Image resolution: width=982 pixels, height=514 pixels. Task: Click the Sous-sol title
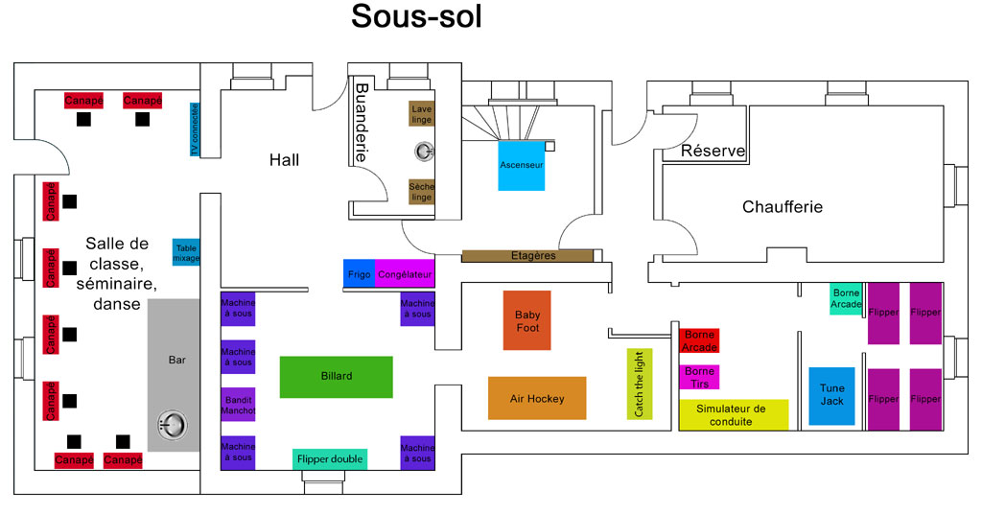tap(416, 16)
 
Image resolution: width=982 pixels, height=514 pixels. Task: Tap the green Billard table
tap(337, 377)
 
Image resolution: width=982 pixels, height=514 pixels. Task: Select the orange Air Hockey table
tap(537, 398)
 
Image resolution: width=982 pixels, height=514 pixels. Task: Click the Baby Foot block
tap(527, 320)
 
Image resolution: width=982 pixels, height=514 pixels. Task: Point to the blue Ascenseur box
tap(522, 165)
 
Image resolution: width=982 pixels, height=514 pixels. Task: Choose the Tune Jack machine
tap(831, 396)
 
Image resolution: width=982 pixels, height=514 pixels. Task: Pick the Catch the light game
tap(640, 384)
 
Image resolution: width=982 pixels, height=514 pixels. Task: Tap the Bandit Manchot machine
tap(238, 405)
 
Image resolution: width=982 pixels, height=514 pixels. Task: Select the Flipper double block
tap(330, 459)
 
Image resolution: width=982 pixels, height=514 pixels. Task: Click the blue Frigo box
tap(359, 274)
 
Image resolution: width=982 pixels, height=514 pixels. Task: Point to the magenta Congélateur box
tap(405, 274)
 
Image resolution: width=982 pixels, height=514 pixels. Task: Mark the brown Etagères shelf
tap(527, 255)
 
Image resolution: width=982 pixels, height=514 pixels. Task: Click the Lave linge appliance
tap(422, 114)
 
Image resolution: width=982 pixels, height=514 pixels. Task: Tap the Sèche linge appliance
tap(422, 192)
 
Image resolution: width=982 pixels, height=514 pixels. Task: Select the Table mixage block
tap(186, 252)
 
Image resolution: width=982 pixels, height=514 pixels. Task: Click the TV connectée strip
tap(195, 129)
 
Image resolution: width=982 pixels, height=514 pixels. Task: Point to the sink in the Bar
tap(172, 426)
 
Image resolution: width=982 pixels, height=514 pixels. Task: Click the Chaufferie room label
tap(783, 206)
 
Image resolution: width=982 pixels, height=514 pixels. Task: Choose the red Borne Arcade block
tap(699, 340)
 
